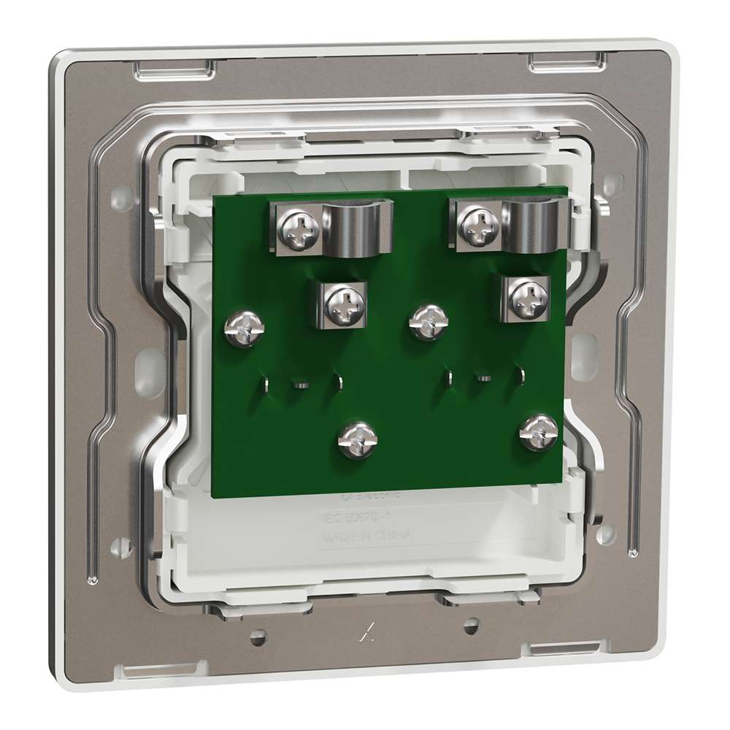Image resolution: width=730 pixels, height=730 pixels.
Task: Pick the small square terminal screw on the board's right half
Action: click(x=525, y=296)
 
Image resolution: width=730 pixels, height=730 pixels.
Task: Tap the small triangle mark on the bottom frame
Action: click(x=363, y=634)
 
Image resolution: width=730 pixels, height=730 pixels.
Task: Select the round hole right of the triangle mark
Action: click(x=470, y=625)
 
